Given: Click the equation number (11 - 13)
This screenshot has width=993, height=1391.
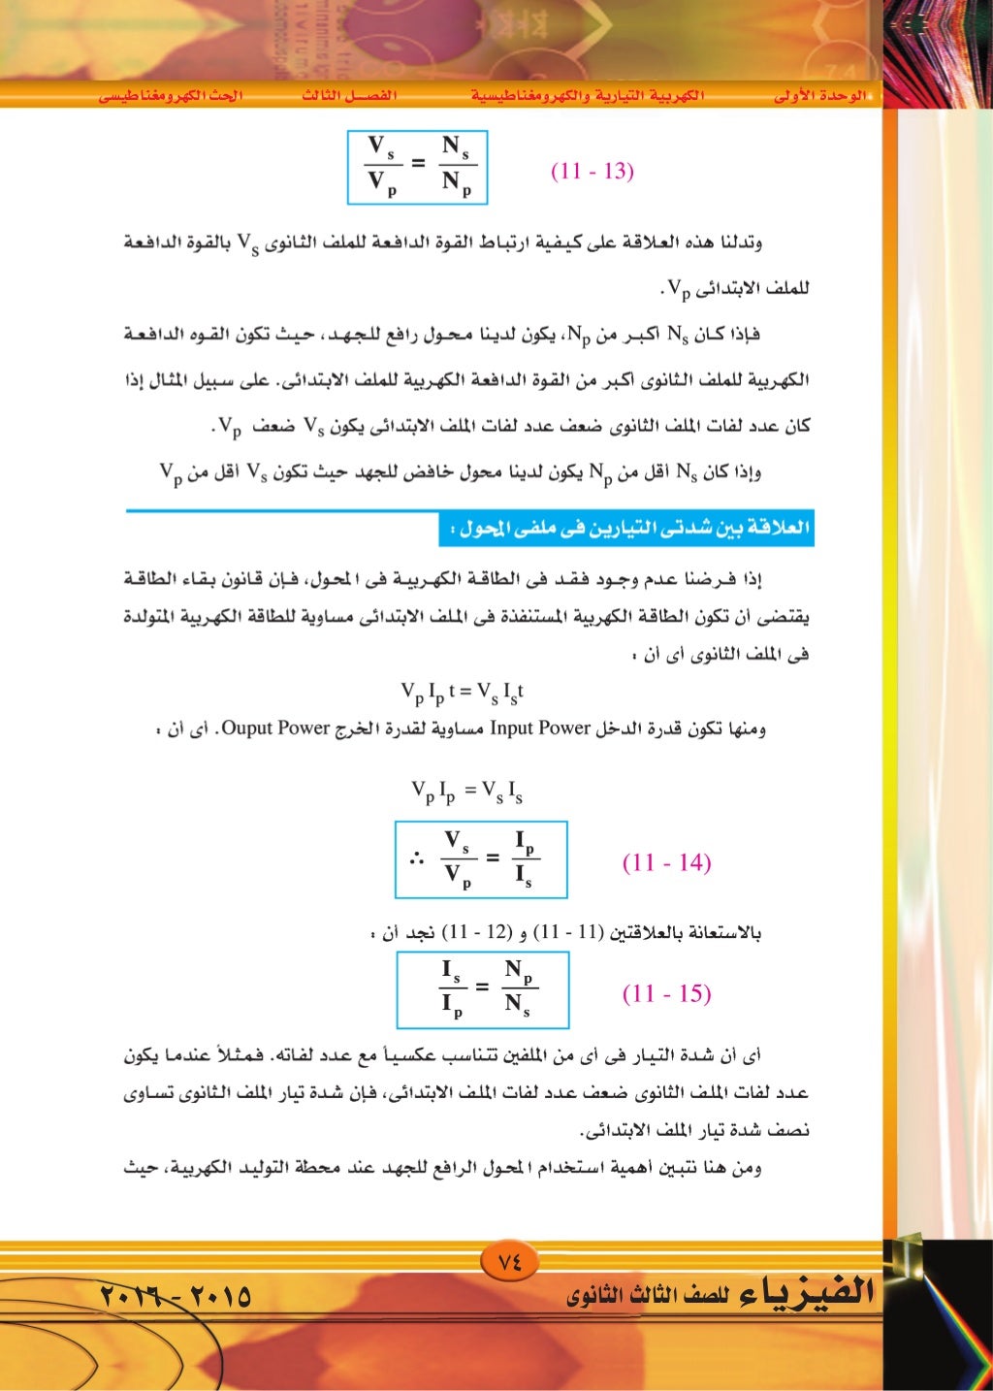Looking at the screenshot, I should [x=592, y=172].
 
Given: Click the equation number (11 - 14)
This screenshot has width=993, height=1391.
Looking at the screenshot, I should [x=666, y=862].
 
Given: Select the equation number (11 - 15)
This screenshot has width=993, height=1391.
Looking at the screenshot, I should [x=666, y=993].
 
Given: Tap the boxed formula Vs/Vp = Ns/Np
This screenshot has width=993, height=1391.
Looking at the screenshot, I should [x=417, y=167].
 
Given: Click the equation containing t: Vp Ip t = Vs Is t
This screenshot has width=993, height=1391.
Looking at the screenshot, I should [x=463, y=693].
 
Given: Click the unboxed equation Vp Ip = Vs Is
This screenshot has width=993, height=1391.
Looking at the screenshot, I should [x=466, y=793].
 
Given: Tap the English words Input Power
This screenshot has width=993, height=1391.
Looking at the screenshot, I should [x=540, y=728].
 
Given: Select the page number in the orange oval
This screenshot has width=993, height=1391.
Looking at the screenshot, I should [x=509, y=1262].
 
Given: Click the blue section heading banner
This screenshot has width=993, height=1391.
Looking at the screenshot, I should [x=626, y=529].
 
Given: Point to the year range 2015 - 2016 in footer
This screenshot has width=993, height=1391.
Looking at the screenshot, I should [x=176, y=1295].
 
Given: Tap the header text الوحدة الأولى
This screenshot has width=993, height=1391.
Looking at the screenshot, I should [x=819, y=96].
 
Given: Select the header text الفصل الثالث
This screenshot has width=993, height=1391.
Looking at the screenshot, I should [x=349, y=96].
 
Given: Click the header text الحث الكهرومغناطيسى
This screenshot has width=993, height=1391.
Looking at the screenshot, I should [x=171, y=96].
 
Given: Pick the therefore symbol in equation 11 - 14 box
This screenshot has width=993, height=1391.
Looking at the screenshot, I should [x=417, y=859].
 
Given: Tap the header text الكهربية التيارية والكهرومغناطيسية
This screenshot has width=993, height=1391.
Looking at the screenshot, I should [x=588, y=96].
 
